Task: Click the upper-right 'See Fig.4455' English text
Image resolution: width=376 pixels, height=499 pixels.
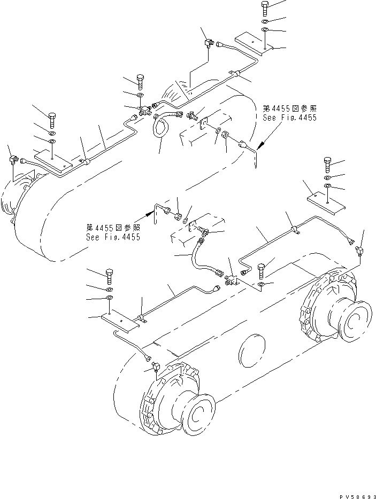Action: coord(289,118)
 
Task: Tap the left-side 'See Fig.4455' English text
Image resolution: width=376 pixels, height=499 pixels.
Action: coord(113,237)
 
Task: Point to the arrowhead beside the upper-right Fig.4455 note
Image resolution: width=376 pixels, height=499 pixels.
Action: coord(260,144)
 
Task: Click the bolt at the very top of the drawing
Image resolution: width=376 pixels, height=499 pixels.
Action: coord(265,9)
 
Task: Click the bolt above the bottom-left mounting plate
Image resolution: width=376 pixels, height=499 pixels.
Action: coord(110,275)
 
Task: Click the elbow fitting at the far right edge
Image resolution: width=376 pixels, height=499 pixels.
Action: coord(360,250)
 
